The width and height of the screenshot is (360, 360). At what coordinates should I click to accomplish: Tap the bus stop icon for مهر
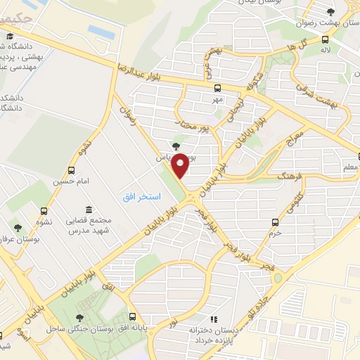(217, 89)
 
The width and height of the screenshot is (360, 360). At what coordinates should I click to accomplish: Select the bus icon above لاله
(325, 39)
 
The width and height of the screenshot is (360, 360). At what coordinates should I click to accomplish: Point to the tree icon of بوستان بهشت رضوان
(331, 11)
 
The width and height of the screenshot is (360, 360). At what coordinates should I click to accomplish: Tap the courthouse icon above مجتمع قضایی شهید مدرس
(88, 210)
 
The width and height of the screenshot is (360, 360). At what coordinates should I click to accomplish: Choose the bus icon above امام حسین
(70, 170)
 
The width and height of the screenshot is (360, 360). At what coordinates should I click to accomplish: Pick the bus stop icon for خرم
(276, 222)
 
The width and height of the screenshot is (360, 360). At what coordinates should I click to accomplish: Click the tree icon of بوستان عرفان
(18, 227)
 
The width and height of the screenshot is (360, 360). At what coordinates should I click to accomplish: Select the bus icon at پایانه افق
(133, 318)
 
